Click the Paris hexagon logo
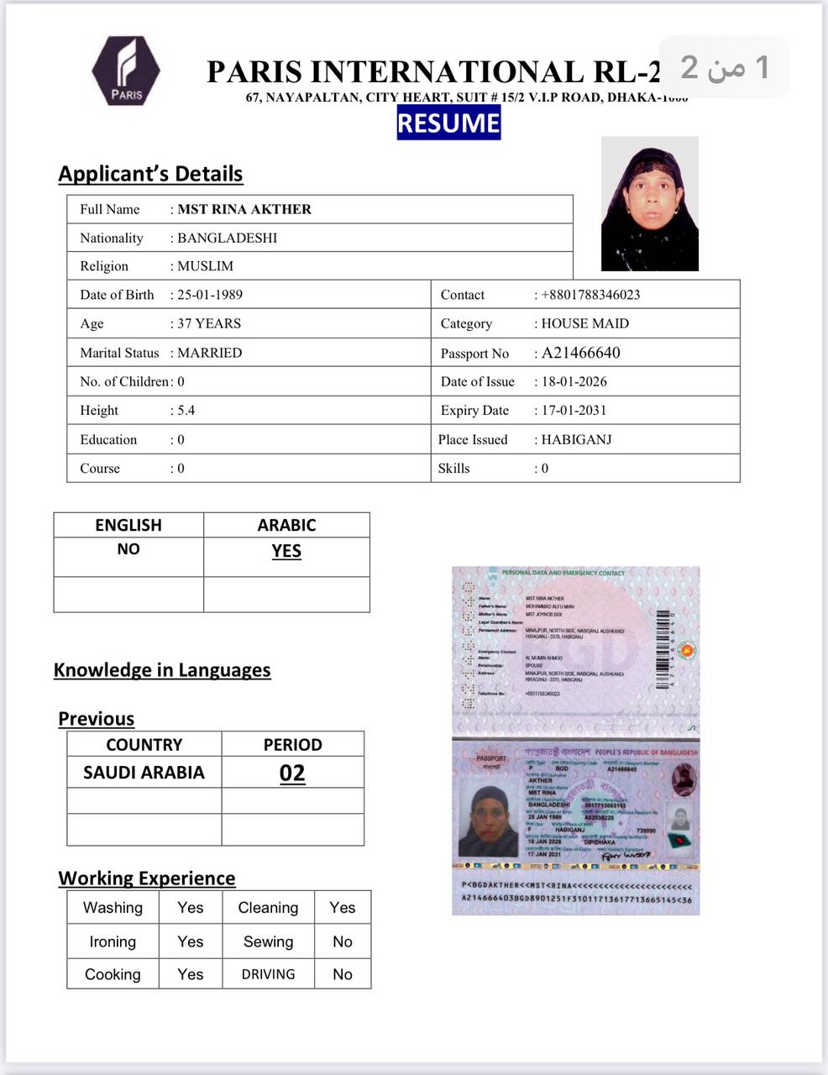(x=126, y=71)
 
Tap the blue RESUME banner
(x=448, y=123)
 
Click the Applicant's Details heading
(x=150, y=174)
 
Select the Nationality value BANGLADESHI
(x=227, y=238)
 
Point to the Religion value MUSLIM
(x=205, y=266)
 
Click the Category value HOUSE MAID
(x=584, y=323)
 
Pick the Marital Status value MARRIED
(x=209, y=353)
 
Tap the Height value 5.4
(x=186, y=411)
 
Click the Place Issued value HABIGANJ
(x=576, y=439)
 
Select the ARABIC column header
(x=286, y=525)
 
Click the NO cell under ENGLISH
(x=128, y=549)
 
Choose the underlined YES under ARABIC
(x=286, y=551)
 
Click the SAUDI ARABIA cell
(x=144, y=773)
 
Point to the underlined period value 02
(x=292, y=773)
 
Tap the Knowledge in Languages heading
(x=162, y=670)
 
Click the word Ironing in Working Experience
(x=113, y=941)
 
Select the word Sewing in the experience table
(x=268, y=941)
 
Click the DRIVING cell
(x=268, y=974)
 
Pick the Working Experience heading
(x=147, y=878)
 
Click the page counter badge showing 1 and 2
(x=724, y=67)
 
